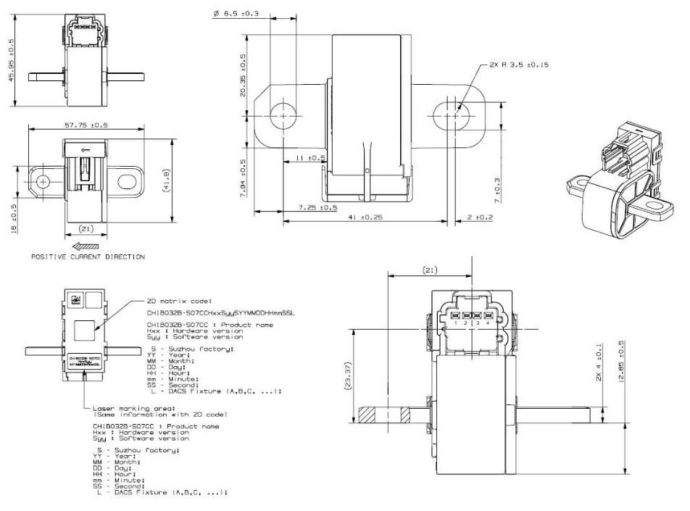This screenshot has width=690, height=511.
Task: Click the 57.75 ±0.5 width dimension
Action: click(x=86, y=125)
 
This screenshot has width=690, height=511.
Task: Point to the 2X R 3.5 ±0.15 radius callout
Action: click(x=515, y=65)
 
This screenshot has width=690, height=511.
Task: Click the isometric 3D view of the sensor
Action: click(x=623, y=174)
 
